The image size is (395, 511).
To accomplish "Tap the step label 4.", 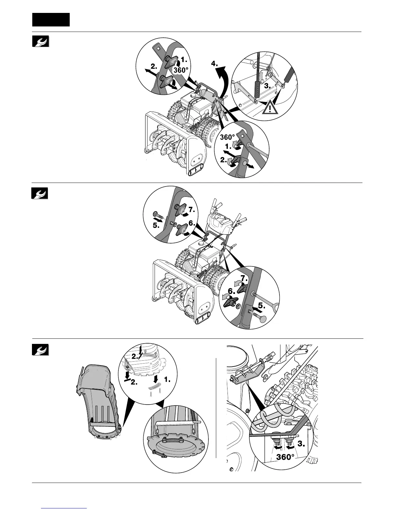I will (214, 64).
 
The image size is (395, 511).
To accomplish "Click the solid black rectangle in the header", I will (51, 19).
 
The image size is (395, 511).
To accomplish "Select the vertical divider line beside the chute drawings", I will (216, 408).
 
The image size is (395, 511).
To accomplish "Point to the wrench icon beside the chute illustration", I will (40, 349).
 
